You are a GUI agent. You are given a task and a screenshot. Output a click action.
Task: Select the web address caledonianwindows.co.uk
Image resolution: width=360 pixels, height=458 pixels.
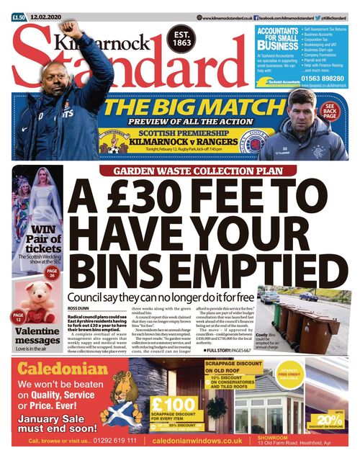(197, 441)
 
